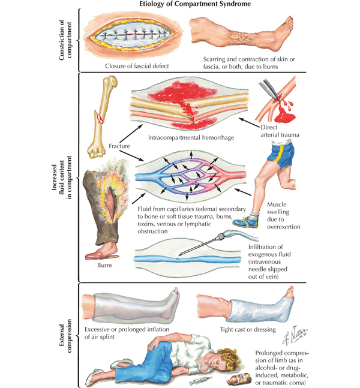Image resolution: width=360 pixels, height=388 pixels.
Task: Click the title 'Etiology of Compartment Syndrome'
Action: [195, 4]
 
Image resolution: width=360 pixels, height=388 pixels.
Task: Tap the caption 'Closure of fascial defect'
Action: [137, 66]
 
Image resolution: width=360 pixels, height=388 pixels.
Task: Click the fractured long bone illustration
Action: [102, 117]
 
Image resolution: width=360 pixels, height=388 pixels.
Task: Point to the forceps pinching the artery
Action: [269, 89]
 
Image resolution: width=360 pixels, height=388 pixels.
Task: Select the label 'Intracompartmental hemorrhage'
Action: [191, 137]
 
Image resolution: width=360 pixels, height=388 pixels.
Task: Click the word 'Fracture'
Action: [119, 146]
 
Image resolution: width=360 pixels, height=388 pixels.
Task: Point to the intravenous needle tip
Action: [180, 255]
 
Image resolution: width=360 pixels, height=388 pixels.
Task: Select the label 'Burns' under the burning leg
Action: [105, 265]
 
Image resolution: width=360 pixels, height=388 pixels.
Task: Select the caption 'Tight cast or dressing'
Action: [248, 330]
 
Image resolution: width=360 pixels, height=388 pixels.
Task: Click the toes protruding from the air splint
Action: [176, 290]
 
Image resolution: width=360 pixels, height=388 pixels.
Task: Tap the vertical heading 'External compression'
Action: [65, 336]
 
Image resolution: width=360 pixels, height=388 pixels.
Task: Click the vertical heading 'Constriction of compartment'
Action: [65, 40]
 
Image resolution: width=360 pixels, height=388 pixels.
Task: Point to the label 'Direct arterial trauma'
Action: [280, 131]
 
